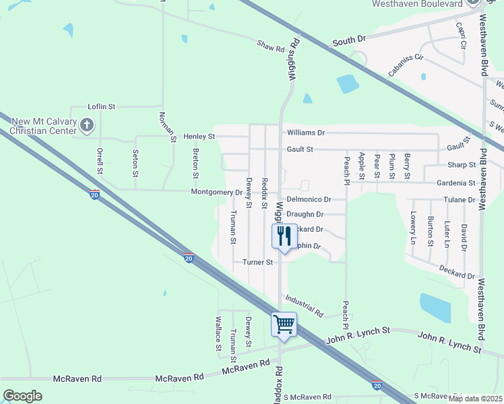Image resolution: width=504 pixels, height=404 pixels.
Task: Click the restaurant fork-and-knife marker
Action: click(284, 236)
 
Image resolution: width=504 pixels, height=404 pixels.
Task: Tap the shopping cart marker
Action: click(284, 325)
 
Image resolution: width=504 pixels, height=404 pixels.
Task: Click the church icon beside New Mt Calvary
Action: click(87, 125)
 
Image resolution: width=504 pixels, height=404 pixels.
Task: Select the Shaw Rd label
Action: click(270, 46)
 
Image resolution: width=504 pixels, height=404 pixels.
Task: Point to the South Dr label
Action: click(348, 41)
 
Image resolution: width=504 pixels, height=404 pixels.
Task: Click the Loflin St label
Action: click(102, 106)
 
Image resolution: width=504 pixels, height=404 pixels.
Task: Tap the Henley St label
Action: click(201, 136)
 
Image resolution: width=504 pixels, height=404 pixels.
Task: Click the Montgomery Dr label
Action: click(216, 192)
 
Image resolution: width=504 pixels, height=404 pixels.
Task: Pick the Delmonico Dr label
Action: click(309, 199)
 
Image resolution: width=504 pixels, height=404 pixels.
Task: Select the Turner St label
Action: click(258, 262)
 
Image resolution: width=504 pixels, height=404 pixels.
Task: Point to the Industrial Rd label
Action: click(305, 306)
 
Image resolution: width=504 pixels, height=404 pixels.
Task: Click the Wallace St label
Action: click(218, 333)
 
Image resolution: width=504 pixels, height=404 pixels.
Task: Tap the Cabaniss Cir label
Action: click(405, 65)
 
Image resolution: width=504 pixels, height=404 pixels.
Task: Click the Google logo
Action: click(22, 396)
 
